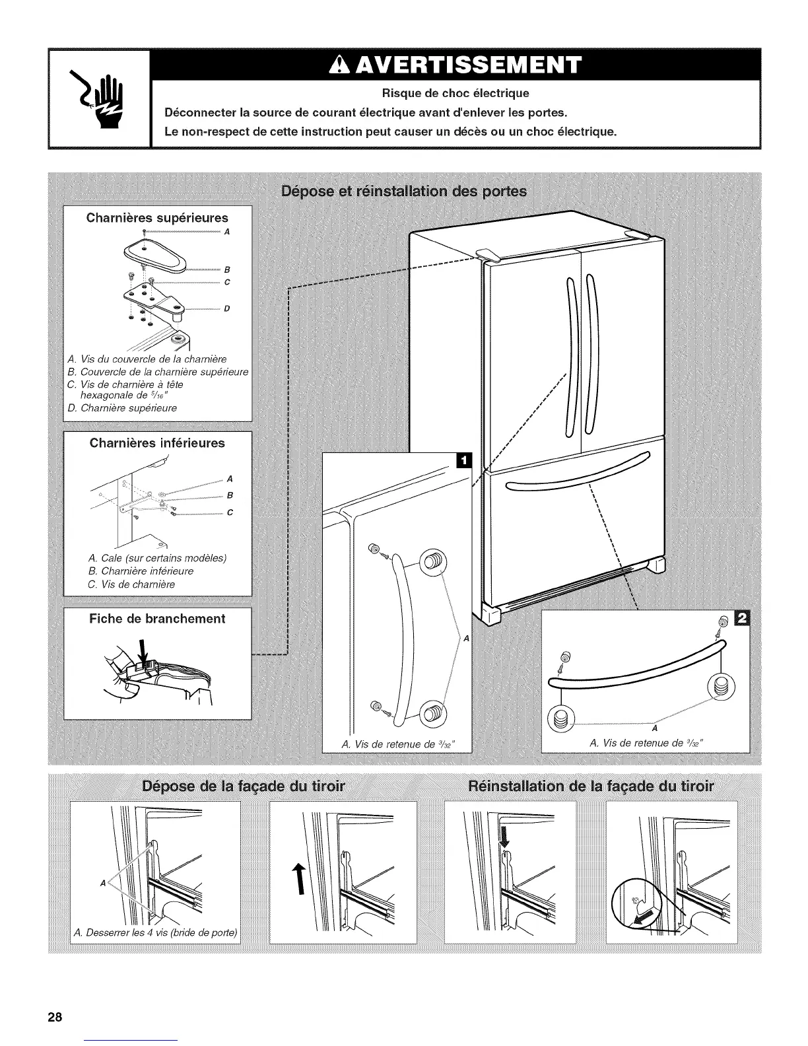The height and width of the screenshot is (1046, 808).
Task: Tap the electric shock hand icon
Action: point(99,100)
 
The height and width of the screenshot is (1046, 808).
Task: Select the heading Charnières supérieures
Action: point(157,218)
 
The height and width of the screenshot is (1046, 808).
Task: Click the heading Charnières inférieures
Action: point(157,443)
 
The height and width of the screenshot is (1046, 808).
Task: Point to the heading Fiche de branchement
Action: point(157,619)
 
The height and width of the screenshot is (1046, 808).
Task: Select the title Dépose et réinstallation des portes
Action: point(404,192)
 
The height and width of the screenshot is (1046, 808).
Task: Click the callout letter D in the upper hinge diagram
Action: point(226,308)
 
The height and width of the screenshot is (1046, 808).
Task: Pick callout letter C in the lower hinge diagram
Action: point(229,513)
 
